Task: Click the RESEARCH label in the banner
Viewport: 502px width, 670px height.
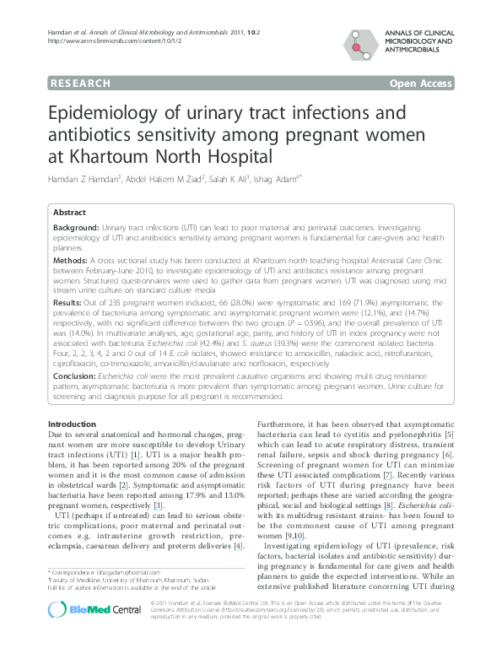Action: [x=81, y=84]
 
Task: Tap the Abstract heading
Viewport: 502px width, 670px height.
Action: [x=70, y=213]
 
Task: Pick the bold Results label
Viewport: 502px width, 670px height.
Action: [x=67, y=301]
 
